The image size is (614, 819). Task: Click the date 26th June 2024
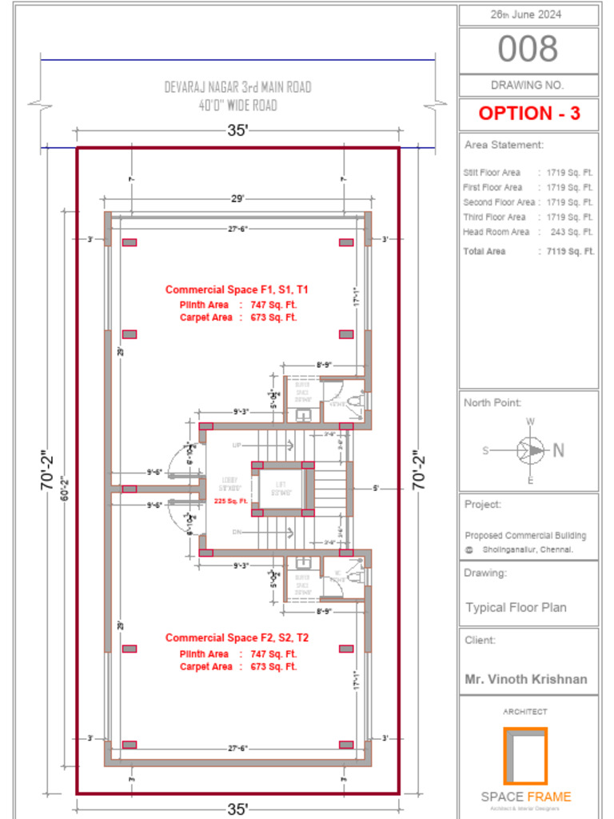(x=528, y=14)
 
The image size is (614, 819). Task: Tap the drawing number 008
(x=528, y=50)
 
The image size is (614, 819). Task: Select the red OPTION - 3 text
(x=528, y=114)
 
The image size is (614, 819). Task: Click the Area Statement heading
(x=504, y=145)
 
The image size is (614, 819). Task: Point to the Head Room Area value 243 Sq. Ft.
(x=571, y=232)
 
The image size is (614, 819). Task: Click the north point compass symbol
(x=530, y=450)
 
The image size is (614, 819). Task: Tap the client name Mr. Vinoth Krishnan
(x=526, y=679)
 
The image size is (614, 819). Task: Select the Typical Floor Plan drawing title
(x=516, y=607)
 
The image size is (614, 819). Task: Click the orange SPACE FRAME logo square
(x=525, y=756)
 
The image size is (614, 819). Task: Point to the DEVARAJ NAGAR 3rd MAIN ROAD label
(x=237, y=87)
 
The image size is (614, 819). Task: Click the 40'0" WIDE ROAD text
(x=237, y=105)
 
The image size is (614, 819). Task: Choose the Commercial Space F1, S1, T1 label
(x=237, y=290)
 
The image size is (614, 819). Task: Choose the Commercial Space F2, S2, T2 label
(x=237, y=637)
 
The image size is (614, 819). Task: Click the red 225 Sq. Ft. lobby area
(x=231, y=501)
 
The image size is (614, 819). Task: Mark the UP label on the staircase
(x=237, y=445)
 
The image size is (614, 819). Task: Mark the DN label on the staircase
(x=237, y=531)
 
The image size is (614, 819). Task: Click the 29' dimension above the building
(x=237, y=198)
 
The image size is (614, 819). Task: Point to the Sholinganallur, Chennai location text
(x=528, y=550)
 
